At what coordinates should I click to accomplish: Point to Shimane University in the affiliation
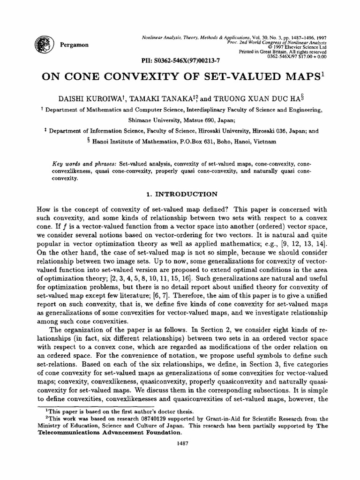click(155, 119)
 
